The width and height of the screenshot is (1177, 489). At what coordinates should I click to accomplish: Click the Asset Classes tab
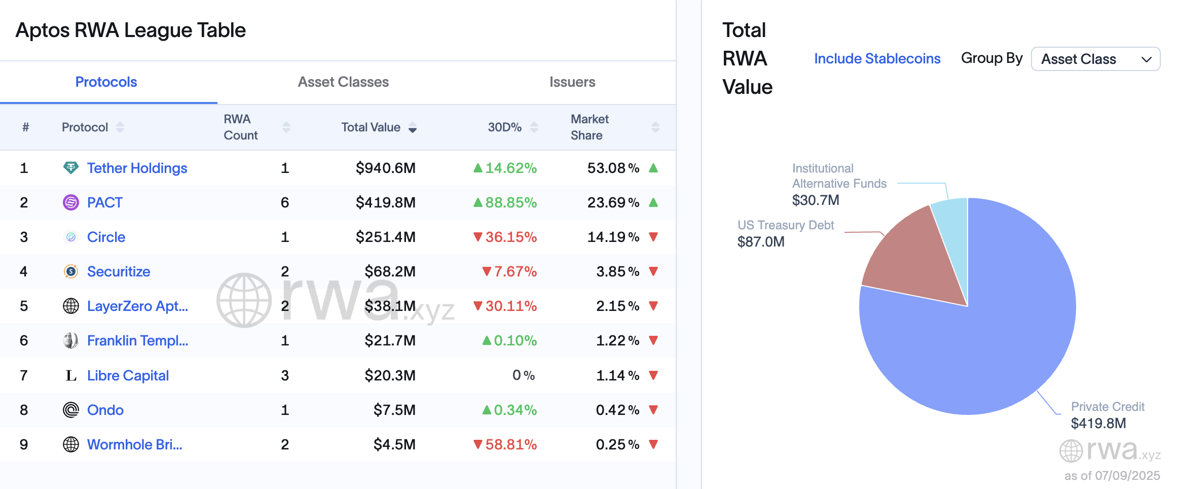tap(343, 82)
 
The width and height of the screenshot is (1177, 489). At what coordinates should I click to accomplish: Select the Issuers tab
tap(572, 82)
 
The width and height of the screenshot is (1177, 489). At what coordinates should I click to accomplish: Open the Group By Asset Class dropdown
tap(1095, 59)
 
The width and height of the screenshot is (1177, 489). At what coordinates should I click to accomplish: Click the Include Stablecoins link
tap(877, 59)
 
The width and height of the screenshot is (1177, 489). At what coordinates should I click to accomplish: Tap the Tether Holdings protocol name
tap(137, 168)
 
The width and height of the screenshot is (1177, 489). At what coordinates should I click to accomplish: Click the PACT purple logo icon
tap(71, 202)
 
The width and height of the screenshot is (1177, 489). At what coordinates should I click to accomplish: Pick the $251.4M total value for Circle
tap(385, 237)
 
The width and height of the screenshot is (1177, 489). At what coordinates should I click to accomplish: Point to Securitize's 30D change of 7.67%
tap(510, 272)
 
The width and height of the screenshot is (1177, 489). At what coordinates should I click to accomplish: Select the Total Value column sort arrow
tap(413, 128)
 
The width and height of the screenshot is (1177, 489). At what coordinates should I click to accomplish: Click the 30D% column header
tap(504, 127)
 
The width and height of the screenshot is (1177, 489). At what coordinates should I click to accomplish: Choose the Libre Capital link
tap(128, 376)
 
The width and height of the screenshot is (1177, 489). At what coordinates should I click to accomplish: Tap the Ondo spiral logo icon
tap(71, 410)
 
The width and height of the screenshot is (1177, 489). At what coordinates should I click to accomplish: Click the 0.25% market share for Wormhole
tap(617, 445)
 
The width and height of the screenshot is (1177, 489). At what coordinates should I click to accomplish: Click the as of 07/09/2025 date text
tap(1112, 476)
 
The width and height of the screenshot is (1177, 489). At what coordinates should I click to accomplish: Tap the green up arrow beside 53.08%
tap(653, 168)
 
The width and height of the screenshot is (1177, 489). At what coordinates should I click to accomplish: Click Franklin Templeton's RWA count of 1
tap(285, 341)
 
